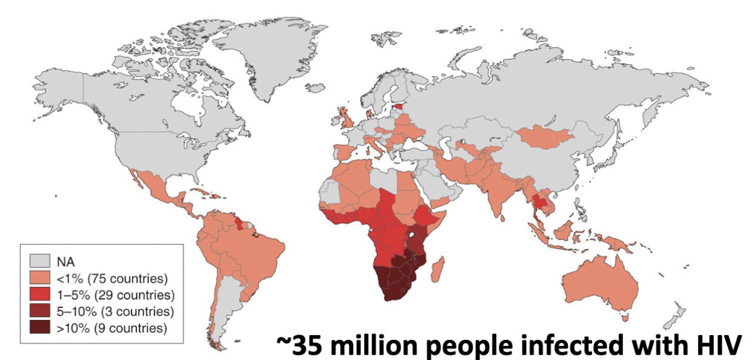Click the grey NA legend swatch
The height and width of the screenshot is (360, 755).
38,262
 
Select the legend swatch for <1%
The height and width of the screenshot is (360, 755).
38,279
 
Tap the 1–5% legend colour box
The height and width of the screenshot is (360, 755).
38,295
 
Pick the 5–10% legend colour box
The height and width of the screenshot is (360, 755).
38,312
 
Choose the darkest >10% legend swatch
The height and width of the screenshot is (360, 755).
38,328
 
